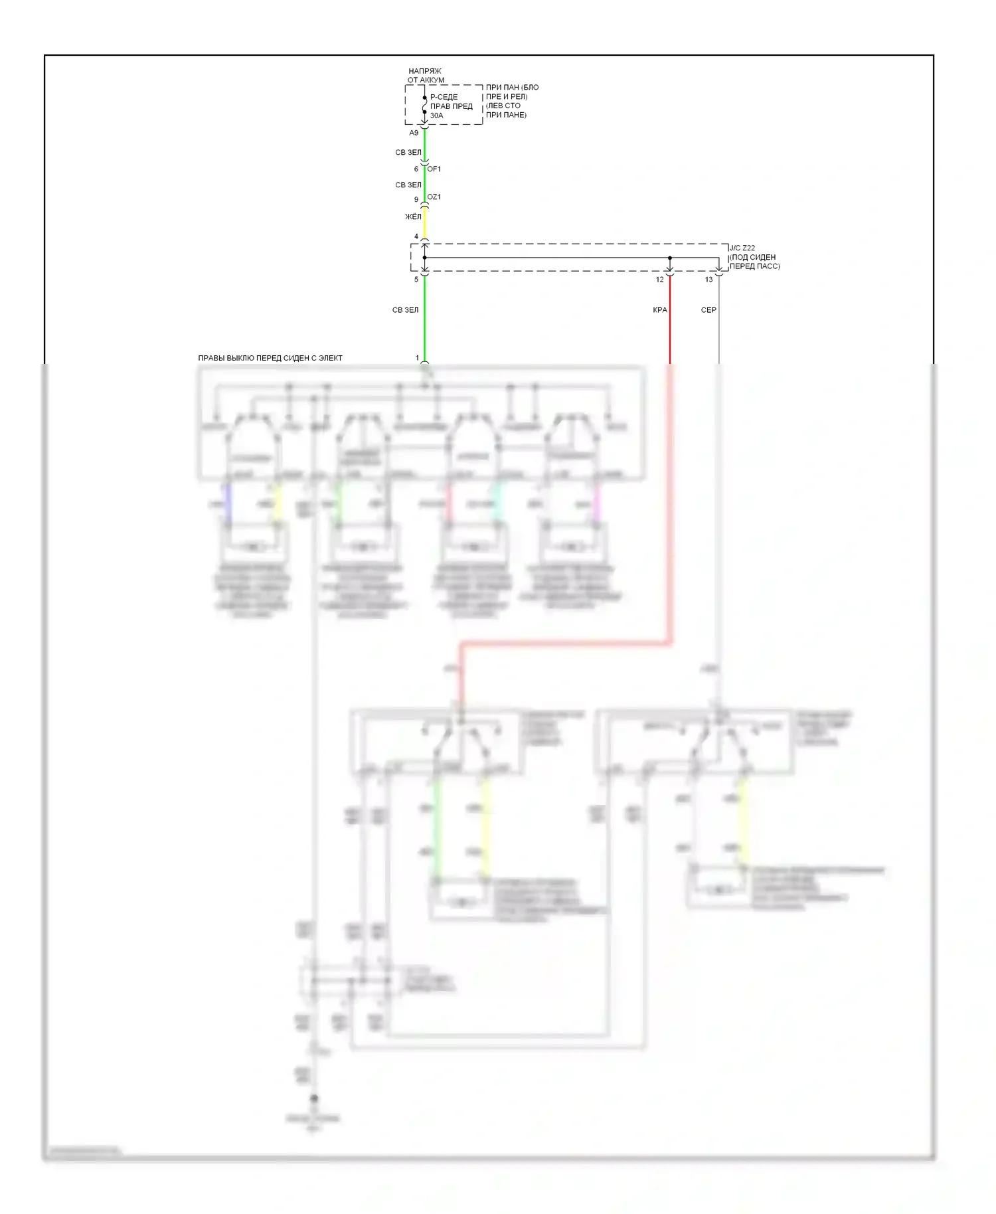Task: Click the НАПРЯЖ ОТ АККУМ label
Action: pyautogui.click(x=425, y=76)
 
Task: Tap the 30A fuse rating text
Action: pyautogui.click(x=436, y=116)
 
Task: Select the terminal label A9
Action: pyautogui.click(x=414, y=133)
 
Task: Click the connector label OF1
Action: pyautogui.click(x=434, y=169)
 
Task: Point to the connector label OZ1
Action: pyautogui.click(x=434, y=197)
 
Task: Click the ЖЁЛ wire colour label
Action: pyautogui.click(x=413, y=217)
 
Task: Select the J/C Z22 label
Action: pyautogui.click(x=742, y=248)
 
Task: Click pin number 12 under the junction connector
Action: pyautogui.click(x=659, y=280)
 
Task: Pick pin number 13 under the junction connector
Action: pyautogui.click(x=708, y=280)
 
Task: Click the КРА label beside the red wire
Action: pyautogui.click(x=660, y=310)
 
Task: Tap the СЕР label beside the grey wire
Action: pyautogui.click(x=708, y=310)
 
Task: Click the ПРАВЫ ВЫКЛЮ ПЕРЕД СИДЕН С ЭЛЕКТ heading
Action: pyautogui.click(x=270, y=358)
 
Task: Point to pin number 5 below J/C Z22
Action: pyautogui.click(x=416, y=280)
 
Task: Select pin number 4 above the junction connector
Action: pyautogui.click(x=416, y=236)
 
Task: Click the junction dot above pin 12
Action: pyautogui.click(x=669, y=258)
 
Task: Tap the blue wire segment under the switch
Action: pyautogui.click(x=228, y=503)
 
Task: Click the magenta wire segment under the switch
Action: pyautogui.click(x=596, y=503)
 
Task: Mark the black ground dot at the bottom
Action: pyautogui.click(x=314, y=1098)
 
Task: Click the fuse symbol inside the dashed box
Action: pyautogui.click(x=425, y=105)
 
